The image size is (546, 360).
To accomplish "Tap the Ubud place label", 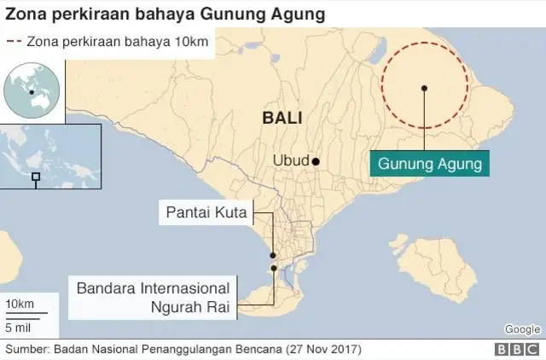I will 290,160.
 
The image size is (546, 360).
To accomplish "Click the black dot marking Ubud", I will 316,161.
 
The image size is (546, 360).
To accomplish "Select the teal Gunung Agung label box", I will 430,162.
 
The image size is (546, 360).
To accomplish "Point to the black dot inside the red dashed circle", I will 424,87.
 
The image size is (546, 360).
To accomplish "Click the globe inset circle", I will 32,91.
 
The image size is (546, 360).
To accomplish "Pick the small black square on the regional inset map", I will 36,177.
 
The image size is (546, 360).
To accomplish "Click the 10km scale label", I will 20,305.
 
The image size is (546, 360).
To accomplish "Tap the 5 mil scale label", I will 20,327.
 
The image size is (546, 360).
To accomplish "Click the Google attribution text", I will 522,329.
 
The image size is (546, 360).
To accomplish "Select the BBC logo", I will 515,350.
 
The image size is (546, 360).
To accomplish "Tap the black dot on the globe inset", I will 31,91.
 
